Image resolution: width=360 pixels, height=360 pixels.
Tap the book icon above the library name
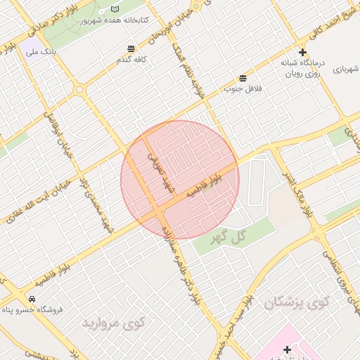coord(115,9)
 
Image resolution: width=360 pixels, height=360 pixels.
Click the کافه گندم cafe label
coord(131,60)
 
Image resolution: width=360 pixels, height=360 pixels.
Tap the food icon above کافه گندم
coord(131,49)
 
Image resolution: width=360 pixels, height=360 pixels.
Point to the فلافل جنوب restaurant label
coord(243,89)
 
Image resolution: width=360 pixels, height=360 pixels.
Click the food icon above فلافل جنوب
coord(243,77)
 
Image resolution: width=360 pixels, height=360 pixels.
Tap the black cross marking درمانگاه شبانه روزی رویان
coord(302,52)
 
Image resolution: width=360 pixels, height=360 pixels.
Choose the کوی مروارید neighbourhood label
coord(113,323)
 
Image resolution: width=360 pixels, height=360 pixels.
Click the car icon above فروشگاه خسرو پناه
coord(32,297)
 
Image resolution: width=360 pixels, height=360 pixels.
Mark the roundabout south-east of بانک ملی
coord(79,90)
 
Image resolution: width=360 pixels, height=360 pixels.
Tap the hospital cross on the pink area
coord(287,349)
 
